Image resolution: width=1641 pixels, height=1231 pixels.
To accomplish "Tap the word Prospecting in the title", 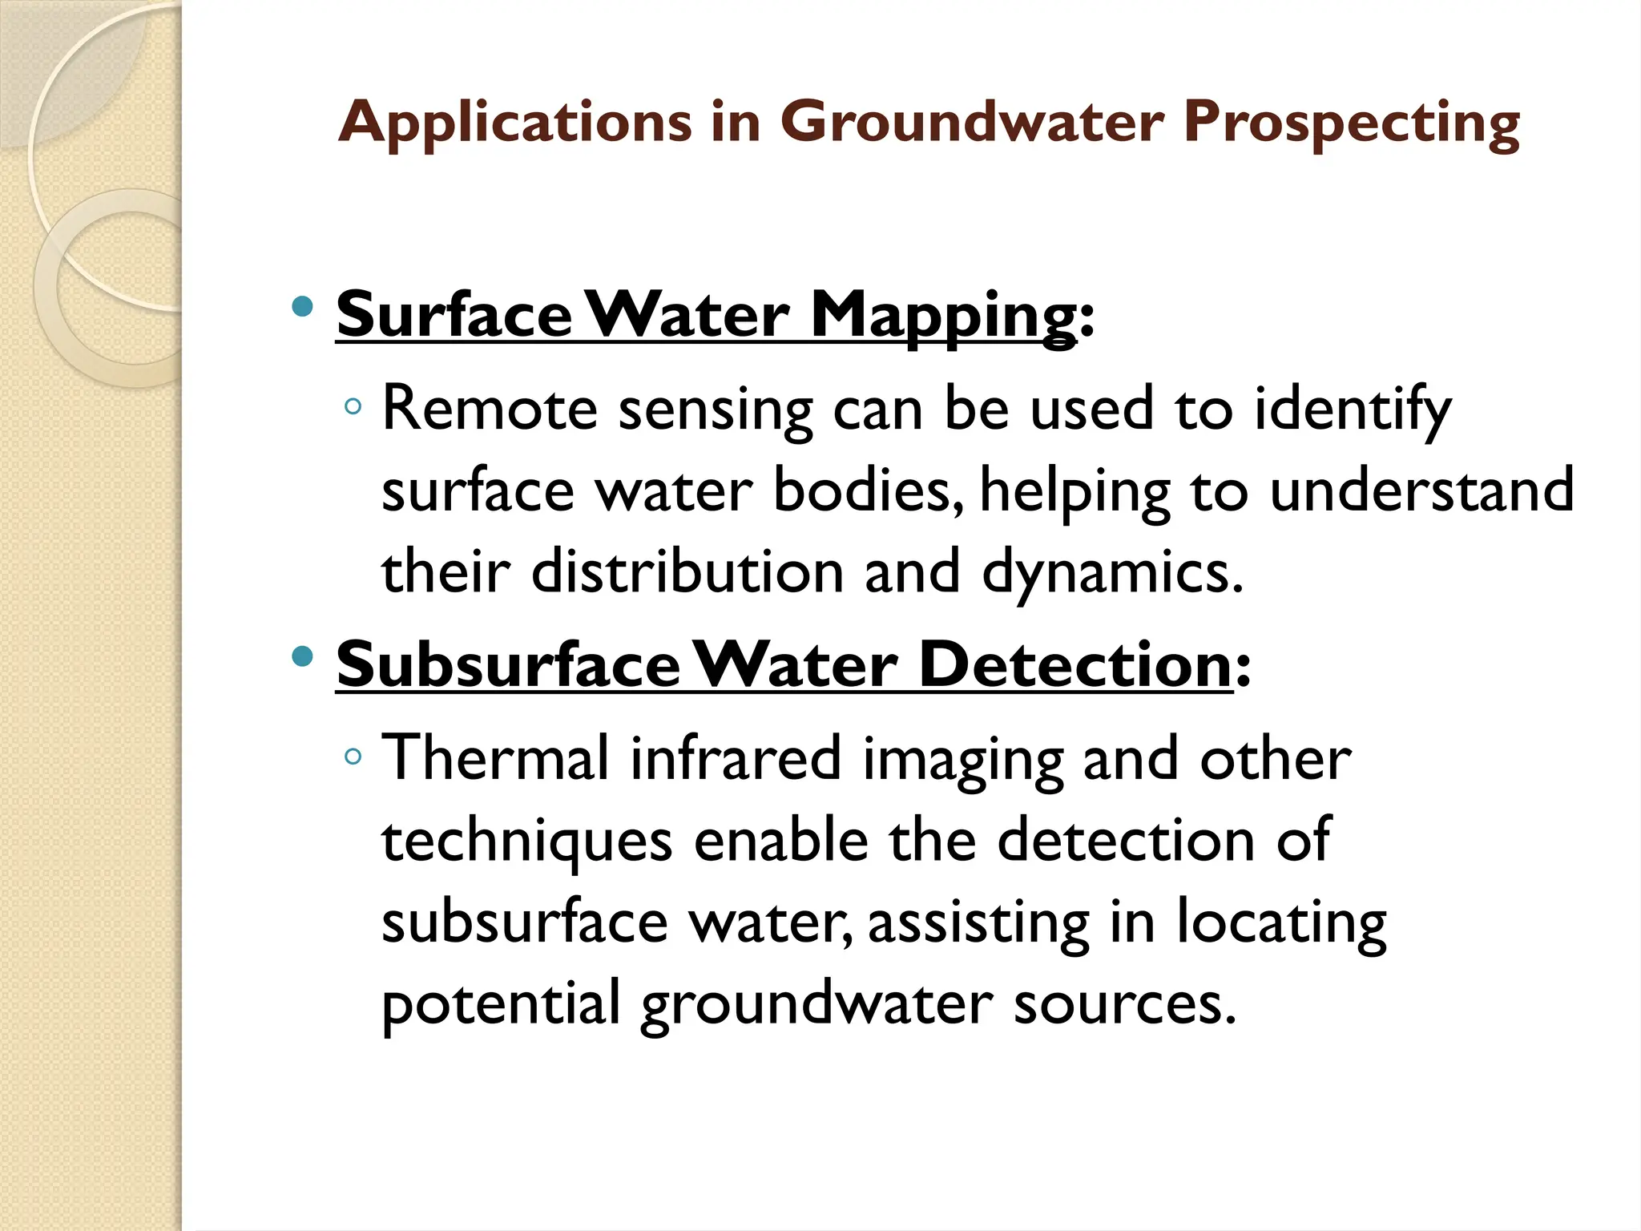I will (1351, 123).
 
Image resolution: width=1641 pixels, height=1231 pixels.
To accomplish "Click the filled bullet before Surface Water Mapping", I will (302, 307).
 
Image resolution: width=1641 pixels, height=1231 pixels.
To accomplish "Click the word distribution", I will (687, 571).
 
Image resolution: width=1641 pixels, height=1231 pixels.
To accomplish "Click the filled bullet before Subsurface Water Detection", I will (302, 657).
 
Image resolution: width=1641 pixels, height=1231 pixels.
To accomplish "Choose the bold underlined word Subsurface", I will (508, 665).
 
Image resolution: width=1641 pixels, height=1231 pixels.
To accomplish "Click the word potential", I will (501, 1005).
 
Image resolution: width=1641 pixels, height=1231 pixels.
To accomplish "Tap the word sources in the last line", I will (1125, 1003).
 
